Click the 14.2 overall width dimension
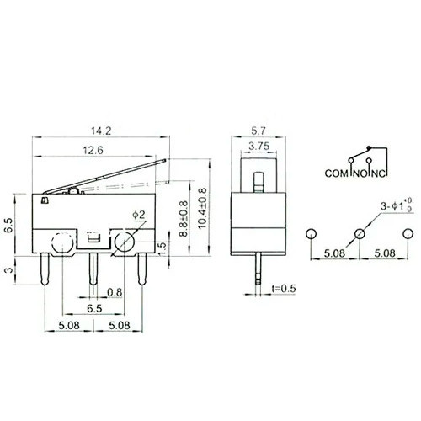[101, 131]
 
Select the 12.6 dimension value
[93, 150]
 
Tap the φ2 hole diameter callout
[139, 215]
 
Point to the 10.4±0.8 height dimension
[202, 208]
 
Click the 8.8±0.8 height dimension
[184, 219]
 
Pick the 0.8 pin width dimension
[115, 292]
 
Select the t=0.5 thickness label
[284, 288]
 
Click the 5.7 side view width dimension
[258, 131]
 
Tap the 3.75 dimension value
[259, 146]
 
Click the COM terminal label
[336, 173]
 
